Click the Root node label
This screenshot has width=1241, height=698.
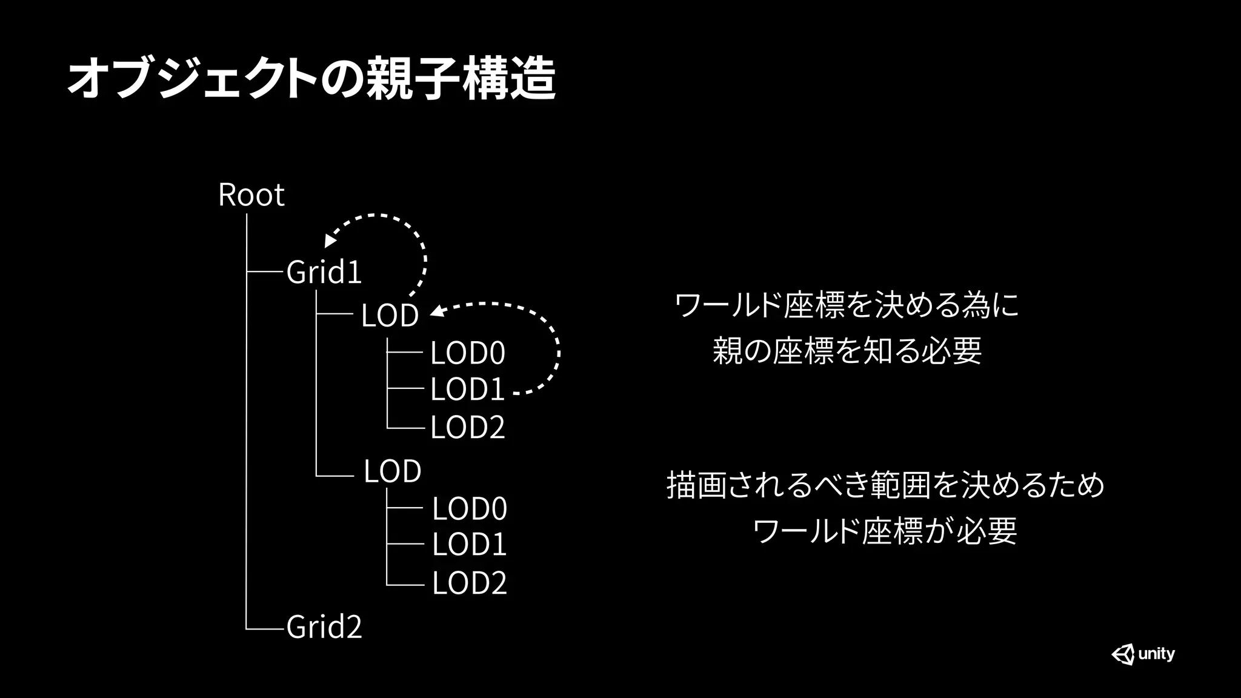[x=251, y=195]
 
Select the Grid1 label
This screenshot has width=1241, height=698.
[x=324, y=272]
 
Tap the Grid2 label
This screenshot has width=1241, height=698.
[x=324, y=627]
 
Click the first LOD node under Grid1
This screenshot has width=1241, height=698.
[x=390, y=316]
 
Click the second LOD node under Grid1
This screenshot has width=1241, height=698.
[x=392, y=471]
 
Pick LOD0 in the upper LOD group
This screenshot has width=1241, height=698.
[x=467, y=353]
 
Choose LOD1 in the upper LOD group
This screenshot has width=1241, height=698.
[x=467, y=390]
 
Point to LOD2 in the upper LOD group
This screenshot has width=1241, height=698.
[x=467, y=428]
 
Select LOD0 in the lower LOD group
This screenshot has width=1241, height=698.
[x=469, y=508]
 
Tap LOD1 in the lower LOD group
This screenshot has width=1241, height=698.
[x=469, y=545]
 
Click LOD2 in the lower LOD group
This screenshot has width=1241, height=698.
[x=469, y=583]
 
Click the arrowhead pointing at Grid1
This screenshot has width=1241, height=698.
[x=330, y=241]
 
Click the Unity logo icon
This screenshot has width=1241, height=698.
[x=1123, y=654]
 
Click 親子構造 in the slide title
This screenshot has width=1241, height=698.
[x=461, y=79]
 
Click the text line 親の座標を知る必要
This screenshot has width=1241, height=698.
[x=847, y=351]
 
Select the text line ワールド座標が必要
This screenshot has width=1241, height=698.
[x=885, y=531]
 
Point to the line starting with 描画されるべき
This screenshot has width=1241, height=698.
[x=885, y=485]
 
